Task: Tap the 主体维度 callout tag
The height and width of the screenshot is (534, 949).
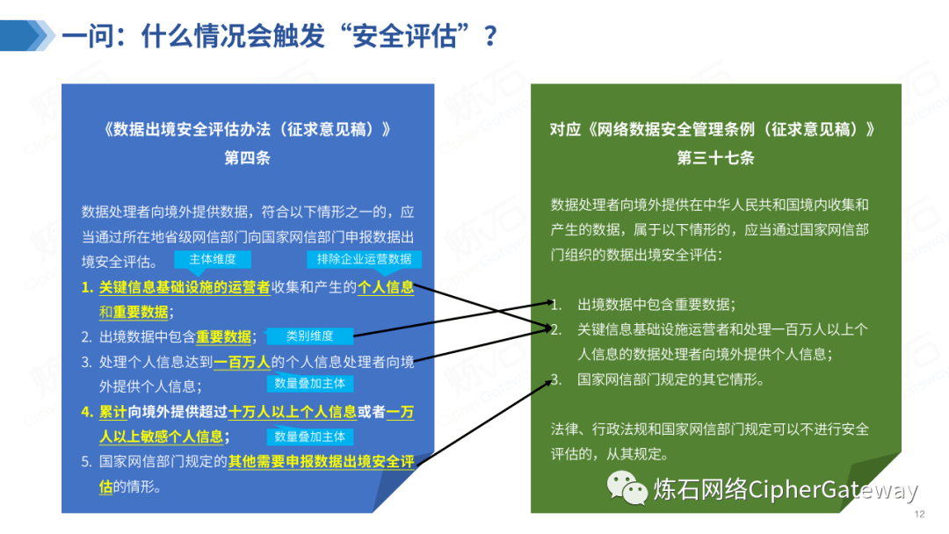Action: [x=212, y=259]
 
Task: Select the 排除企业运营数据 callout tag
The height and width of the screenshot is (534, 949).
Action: [x=364, y=260]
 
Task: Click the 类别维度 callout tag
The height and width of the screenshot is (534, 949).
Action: [x=309, y=336]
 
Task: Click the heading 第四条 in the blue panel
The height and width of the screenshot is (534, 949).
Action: [x=247, y=159]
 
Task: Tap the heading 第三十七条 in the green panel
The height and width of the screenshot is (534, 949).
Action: [x=715, y=159]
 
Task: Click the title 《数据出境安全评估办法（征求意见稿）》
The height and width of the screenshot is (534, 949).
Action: [x=247, y=129]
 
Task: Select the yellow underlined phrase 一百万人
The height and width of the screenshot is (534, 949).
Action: [x=242, y=361]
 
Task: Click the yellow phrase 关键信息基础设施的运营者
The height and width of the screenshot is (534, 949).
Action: [x=185, y=287]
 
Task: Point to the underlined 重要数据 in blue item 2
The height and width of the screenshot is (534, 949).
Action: [x=223, y=336]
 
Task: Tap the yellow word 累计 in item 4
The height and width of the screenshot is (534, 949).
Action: [x=113, y=411]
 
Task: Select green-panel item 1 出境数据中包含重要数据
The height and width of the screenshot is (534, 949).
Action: [x=656, y=305]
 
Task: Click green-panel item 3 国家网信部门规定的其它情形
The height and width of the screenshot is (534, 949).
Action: [x=670, y=380]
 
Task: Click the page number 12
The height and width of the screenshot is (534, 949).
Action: [x=920, y=515]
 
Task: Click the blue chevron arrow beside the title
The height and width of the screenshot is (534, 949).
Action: [x=26, y=34]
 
